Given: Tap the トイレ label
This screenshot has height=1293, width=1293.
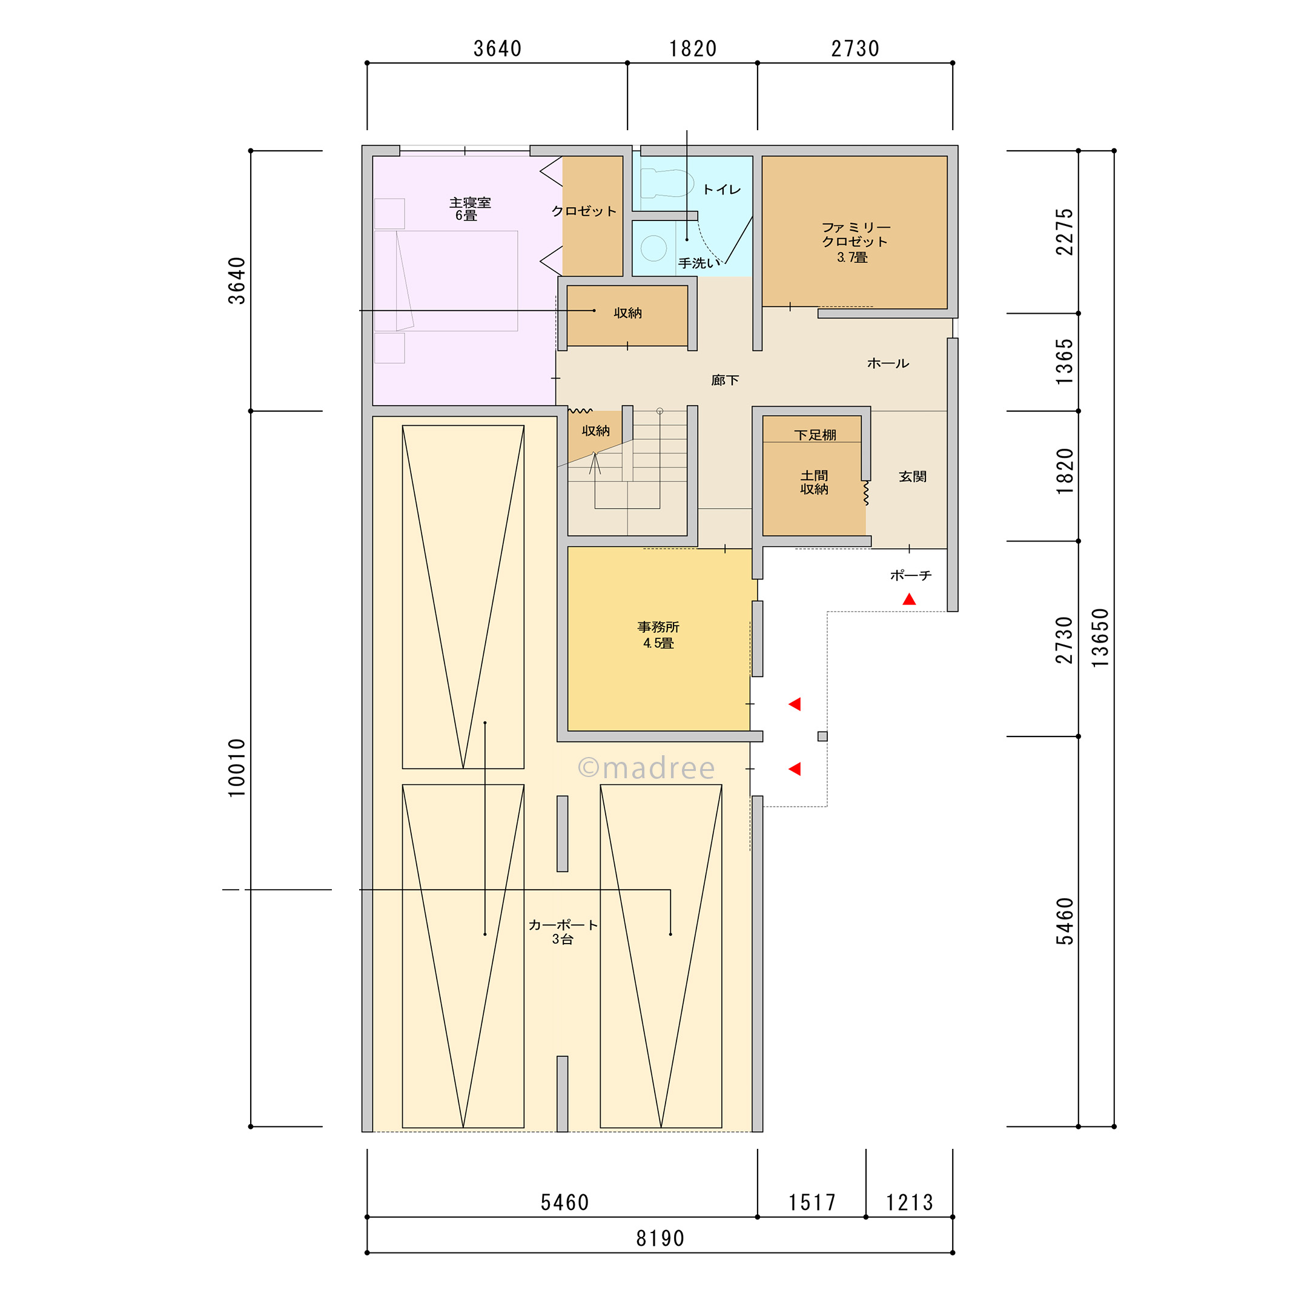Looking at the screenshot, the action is [721, 190].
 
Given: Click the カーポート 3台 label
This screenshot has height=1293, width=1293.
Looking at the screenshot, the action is [563, 931].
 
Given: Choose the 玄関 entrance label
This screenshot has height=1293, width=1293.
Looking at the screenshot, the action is [912, 477].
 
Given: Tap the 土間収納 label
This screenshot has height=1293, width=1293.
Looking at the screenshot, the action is [814, 482].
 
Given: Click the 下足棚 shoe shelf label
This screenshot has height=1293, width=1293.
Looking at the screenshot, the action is [815, 435].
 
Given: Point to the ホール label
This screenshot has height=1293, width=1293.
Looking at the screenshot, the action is [888, 363].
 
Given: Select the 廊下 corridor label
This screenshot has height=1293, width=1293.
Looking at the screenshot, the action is [725, 380].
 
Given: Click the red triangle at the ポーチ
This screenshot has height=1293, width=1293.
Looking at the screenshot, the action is [909, 600].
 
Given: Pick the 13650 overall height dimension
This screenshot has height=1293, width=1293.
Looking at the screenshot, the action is [1100, 637].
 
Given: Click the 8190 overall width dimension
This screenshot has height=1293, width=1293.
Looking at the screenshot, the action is [660, 1238].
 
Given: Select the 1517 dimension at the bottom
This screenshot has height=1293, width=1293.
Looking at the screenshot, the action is [812, 1203].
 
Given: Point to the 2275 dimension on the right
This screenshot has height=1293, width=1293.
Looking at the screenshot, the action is [1064, 231].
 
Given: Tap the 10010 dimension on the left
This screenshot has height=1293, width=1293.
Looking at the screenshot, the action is [237, 768].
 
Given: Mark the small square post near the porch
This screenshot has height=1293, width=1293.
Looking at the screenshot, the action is [822, 736].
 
